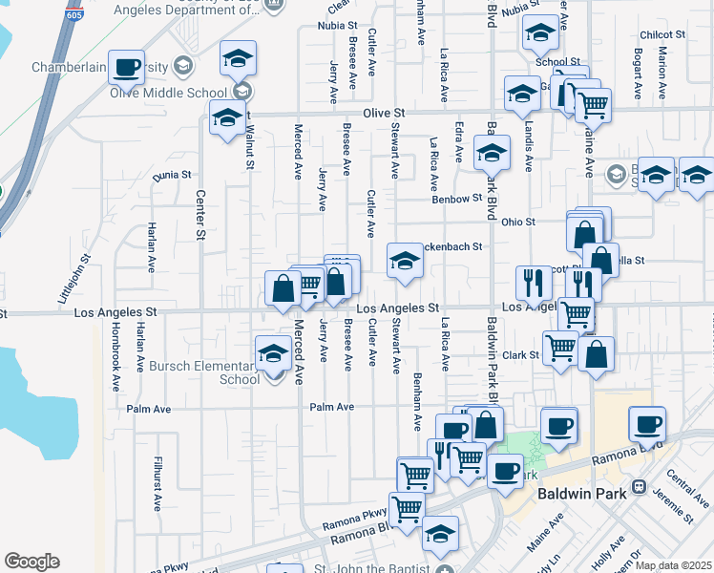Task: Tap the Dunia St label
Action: [x=172, y=175]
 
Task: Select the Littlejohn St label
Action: [x=75, y=278]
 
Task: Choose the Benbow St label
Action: [x=457, y=199]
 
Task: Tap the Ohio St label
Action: [x=517, y=222]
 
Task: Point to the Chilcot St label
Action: [x=664, y=34]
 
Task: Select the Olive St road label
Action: [x=379, y=113]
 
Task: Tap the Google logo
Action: [x=31, y=562]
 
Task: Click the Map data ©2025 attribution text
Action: [x=674, y=565]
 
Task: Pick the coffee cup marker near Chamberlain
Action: [x=125, y=67]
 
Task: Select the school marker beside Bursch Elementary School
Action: [x=273, y=354]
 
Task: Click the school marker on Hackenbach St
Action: [x=405, y=261]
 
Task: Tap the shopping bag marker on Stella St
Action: [x=601, y=259]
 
